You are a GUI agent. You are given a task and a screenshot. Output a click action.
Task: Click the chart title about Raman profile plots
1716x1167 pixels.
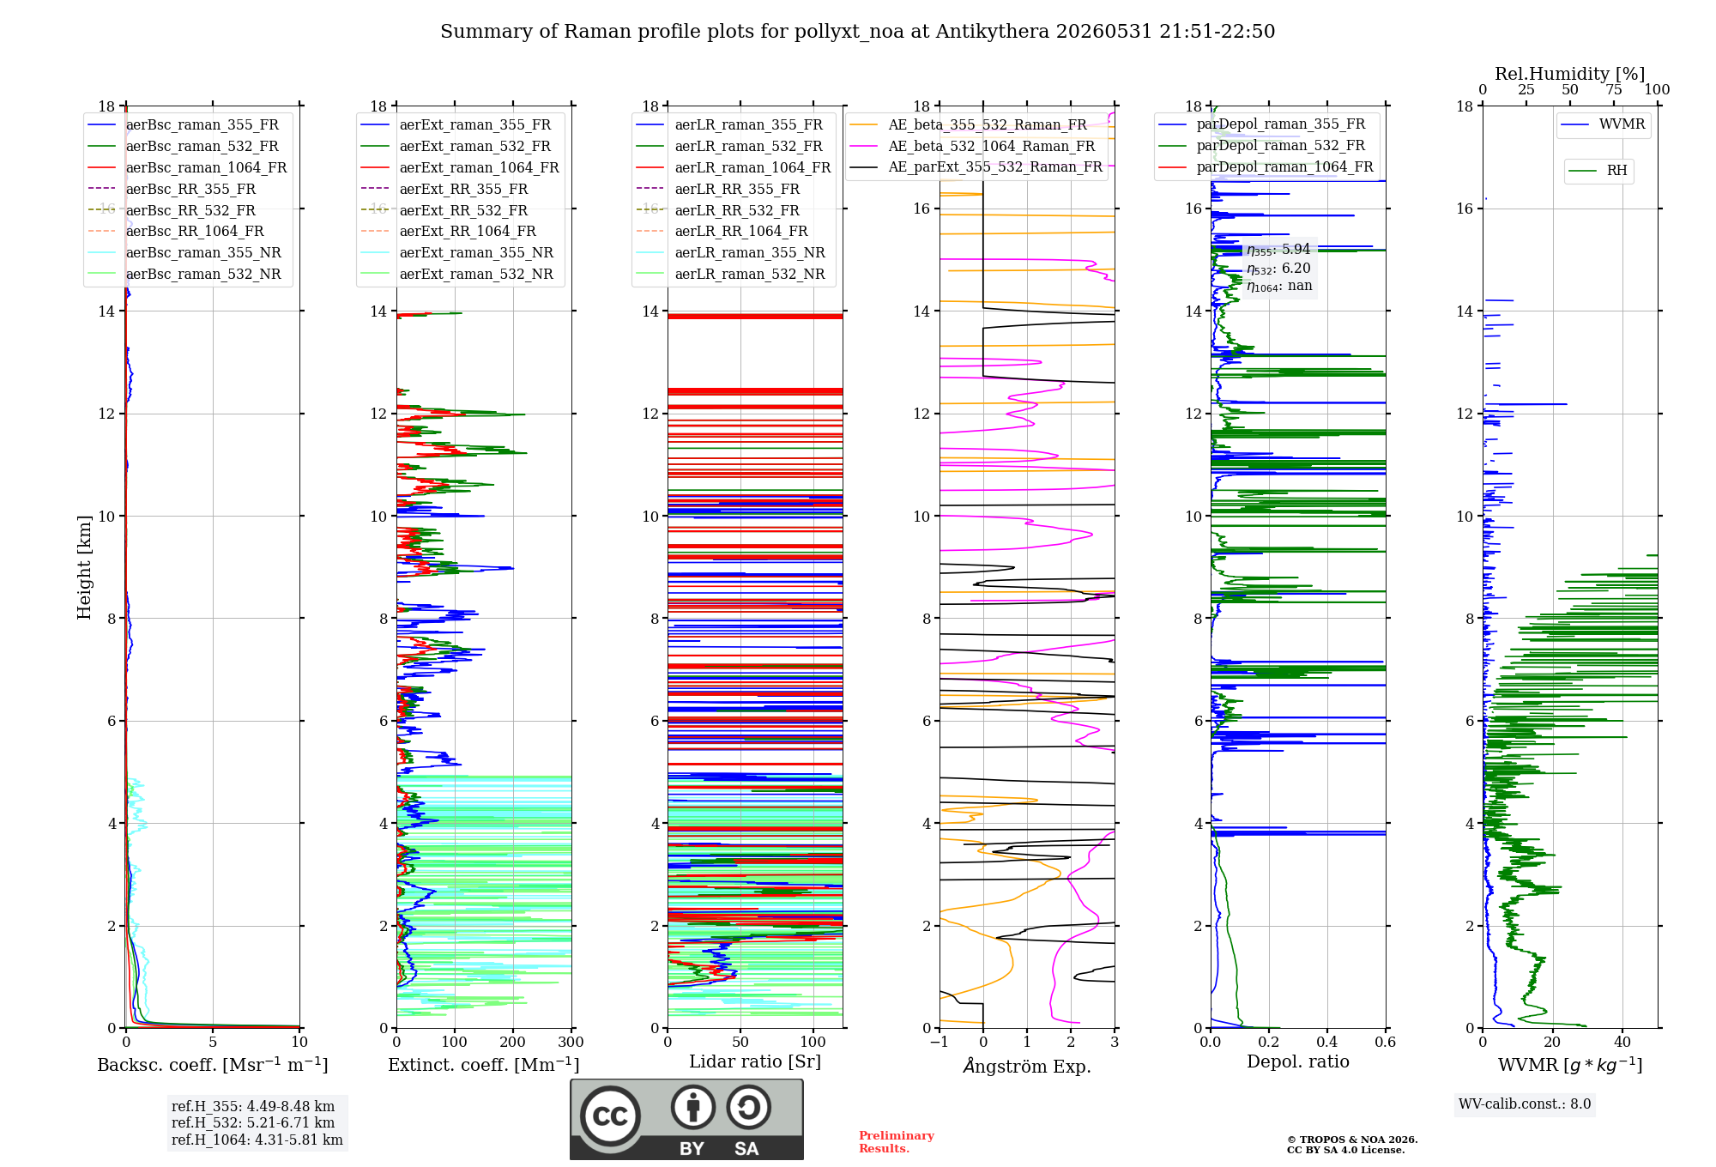click(857, 32)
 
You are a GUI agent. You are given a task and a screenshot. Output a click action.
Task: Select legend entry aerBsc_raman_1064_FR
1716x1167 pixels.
click(206, 168)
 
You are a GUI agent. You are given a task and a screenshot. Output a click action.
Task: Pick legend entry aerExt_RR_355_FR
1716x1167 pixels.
click(463, 190)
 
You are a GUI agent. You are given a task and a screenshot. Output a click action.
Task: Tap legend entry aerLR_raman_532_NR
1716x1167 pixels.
click(750, 275)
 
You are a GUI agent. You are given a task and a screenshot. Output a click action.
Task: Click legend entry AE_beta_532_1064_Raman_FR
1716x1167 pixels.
click(992, 147)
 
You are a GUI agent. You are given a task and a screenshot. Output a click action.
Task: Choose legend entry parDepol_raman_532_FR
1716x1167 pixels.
click(1281, 146)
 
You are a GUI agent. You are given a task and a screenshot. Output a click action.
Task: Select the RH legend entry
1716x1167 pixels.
click(1616, 171)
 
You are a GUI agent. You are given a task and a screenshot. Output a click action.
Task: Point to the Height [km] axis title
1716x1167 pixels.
click(84, 567)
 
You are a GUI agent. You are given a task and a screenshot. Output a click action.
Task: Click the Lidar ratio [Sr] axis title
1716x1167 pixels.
click(755, 1062)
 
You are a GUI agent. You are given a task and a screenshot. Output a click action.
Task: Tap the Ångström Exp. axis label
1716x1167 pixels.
click(1027, 1066)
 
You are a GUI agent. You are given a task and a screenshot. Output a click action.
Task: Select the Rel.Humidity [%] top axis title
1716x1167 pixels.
click(1570, 74)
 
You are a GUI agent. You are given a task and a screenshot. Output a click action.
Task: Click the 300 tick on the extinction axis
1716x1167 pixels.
click(571, 1043)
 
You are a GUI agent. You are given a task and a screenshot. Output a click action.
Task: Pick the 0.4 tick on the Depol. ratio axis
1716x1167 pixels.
click(1326, 1043)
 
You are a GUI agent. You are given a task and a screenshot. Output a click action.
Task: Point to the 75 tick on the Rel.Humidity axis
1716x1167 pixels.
click(1614, 89)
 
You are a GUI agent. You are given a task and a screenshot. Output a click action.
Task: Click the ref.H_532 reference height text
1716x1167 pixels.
click(253, 1123)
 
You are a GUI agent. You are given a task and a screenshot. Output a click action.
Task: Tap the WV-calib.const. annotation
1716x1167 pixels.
click(1525, 1104)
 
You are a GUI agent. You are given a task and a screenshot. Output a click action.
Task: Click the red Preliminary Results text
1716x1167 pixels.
click(897, 1142)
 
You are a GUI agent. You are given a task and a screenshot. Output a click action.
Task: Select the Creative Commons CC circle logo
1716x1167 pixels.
click(610, 1116)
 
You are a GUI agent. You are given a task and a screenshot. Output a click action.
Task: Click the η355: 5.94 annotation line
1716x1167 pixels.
click(1278, 250)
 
